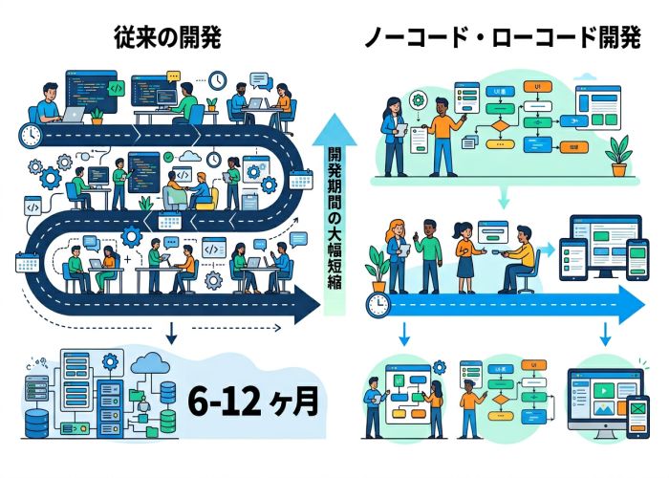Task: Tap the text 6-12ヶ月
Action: coord(252,401)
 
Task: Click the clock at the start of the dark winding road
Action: coord(32,135)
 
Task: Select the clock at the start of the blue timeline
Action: coord(379,305)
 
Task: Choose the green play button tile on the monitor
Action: coord(606,391)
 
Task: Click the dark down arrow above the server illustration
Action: coord(169,333)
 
